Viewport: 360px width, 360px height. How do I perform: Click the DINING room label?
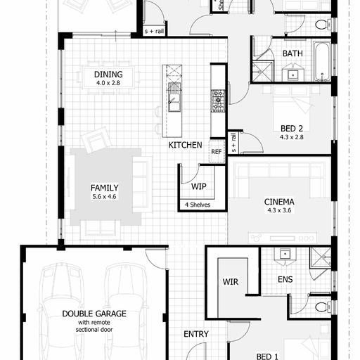(108, 75)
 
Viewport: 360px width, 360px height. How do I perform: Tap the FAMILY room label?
(105, 188)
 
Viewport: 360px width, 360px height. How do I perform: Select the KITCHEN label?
(185, 145)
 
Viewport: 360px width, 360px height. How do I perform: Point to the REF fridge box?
(217, 151)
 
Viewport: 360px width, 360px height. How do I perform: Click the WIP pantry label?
(199, 186)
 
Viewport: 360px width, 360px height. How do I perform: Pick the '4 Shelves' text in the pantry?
(198, 205)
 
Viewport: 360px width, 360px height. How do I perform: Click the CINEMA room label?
(279, 202)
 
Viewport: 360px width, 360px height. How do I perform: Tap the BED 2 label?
(292, 129)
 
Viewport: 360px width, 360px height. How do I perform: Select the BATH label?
(292, 53)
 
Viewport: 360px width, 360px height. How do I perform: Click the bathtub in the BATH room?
(322, 61)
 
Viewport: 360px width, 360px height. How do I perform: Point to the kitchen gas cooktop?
(218, 101)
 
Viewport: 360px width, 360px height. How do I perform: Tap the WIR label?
(231, 282)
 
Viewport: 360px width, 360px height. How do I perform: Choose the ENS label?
(285, 279)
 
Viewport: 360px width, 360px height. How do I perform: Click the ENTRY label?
(196, 334)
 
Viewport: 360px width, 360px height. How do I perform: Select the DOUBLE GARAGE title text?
(94, 314)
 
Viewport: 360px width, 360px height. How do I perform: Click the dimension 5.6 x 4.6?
(104, 197)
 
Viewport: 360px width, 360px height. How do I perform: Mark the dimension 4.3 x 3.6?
(279, 210)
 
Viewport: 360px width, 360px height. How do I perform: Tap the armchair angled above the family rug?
(96, 140)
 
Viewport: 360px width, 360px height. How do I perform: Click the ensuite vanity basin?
(285, 254)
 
